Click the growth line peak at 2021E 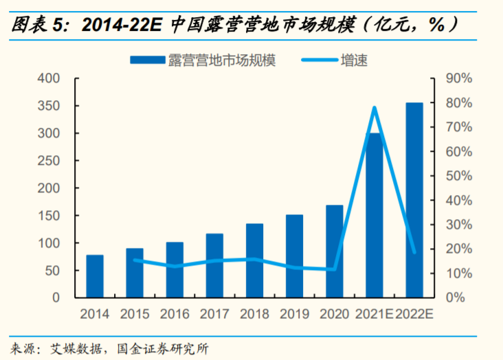[375, 108]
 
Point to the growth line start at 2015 [135, 260]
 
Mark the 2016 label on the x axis [175, 315]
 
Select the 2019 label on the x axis [294, 315]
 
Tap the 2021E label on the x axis [374, 315]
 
